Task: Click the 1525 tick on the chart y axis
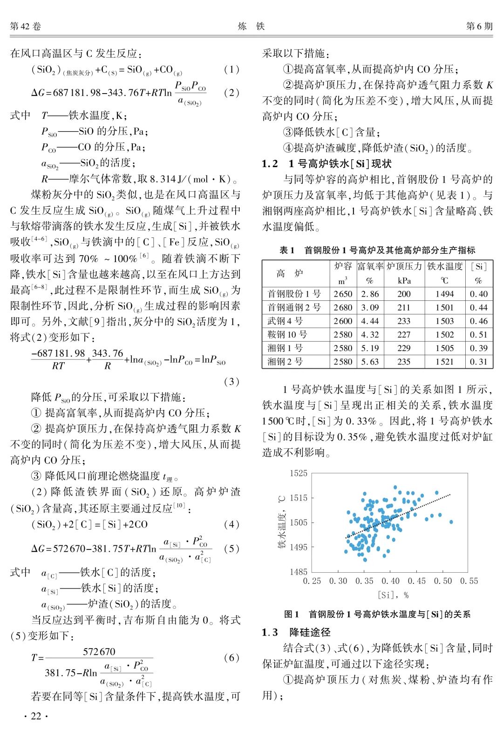coord(299,474)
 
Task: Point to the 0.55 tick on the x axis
coord(469,581)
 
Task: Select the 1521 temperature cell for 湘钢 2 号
coord(444,361)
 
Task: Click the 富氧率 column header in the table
coord(370,266)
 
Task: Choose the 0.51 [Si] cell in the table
coord(478,334)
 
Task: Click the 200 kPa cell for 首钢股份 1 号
coord(404,294)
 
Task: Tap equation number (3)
coord(231,381)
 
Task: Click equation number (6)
coord(231,657)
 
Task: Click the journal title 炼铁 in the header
coord(251,26)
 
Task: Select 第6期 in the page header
coord(479,26)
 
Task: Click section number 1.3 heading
coord(270,632)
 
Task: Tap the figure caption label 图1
coord(291,614)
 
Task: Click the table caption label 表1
coord(286,250)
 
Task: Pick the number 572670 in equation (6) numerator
coord(99,651)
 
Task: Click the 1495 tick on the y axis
coord(299,547)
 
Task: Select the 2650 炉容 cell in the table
coord(343,294)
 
